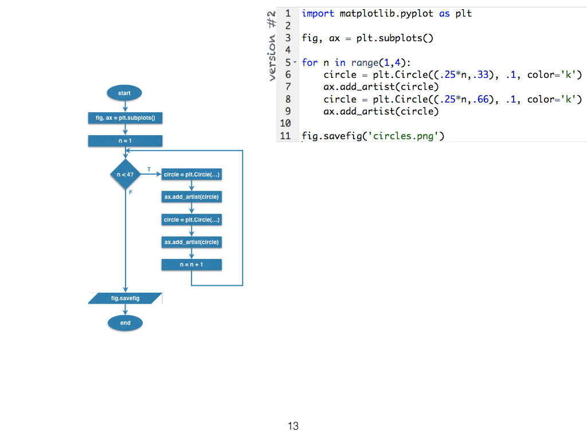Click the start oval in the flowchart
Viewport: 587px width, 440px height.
[124, 93]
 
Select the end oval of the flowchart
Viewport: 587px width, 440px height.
[125, 323]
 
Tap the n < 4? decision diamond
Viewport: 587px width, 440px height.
[125, 174]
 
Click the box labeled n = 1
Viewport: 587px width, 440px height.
[125, 141]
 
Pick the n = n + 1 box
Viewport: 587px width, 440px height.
[191, 265]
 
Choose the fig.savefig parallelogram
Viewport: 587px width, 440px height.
[125, 298]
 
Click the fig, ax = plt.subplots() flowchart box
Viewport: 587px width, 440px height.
[125, 118]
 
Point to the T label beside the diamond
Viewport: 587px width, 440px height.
[149, 170]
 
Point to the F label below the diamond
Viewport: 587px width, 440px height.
[131, 192]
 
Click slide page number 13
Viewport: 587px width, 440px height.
[293, 426]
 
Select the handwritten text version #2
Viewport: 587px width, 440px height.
[272, 45]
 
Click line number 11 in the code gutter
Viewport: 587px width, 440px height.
[285, 136]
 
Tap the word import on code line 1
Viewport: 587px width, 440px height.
[318, 13]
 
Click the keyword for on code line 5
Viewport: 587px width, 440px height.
[310, 62]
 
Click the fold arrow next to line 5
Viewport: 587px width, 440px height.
[295, 62]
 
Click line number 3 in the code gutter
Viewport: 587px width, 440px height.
[288, 38]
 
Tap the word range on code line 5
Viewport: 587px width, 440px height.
[365, 62]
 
